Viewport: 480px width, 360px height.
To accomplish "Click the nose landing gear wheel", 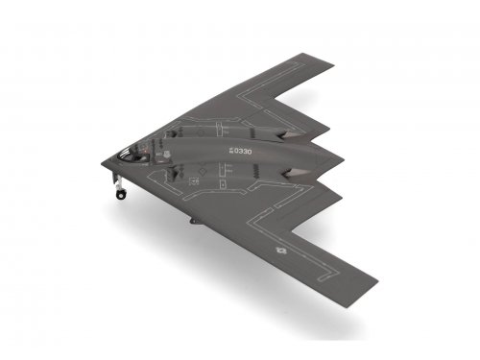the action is pyautogui.click(x=121, y=194).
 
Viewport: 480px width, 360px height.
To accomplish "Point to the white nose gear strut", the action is pyautogui.click(x=118, y=181).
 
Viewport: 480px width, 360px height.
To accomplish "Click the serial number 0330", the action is pyautogui.click(x=243, y=152).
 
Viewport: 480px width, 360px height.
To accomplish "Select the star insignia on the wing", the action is pyautogui.click(x=280, y=251).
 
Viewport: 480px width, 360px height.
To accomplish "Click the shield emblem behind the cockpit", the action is pyautogui.click(x=166, y=155).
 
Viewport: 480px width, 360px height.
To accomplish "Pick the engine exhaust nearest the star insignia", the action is pyautogui.click(x=296, y=175).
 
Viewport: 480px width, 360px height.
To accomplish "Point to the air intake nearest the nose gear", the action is pyautogui.click(x=173, y=173).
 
